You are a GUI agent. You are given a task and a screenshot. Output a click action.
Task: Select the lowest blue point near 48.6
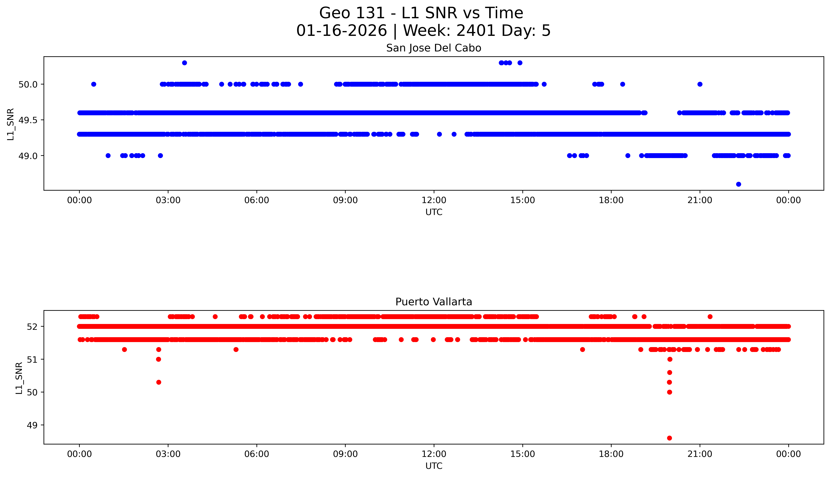[x=738, y=184]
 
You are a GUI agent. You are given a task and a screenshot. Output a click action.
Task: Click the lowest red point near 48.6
[x=669, y=438]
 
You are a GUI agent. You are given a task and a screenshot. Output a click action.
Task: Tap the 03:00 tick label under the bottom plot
[x=168, y=454]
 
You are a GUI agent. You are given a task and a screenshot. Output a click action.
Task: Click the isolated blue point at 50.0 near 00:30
[x=94, y=84]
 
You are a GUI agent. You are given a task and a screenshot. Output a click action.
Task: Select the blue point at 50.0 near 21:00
[x=700, y=84]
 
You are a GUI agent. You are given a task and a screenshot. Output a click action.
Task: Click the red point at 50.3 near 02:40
[x=159, y=382]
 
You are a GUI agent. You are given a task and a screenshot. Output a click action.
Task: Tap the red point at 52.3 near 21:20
[x=710, y=316]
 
